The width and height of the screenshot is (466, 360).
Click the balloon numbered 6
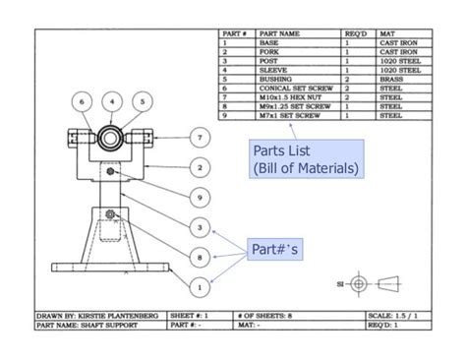tap(85, 100)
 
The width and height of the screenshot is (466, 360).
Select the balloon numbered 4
tap(113, 100)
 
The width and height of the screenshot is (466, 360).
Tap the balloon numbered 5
tap(143, 100)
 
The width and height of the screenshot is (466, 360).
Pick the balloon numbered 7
tap(200, 138)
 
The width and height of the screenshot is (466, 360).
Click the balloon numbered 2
tap(200, 168)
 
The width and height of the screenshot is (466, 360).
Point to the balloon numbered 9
tap(200, 198)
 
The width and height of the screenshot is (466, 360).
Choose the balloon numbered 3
tap(200, 228)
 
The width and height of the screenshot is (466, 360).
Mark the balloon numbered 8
tap(200, 258)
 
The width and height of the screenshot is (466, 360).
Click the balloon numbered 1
tap(200, 287)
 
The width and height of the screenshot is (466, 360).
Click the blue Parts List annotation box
tap(305, 160)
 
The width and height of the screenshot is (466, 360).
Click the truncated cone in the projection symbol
tap(390, 283)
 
